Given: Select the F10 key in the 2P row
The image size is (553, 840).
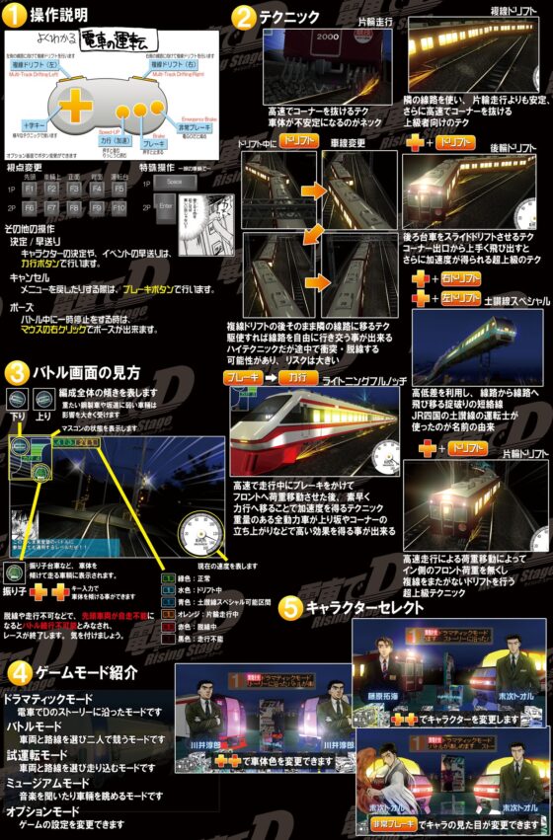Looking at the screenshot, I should pos(118,208).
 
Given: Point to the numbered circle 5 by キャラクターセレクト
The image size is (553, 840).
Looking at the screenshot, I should pos(289,608).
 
